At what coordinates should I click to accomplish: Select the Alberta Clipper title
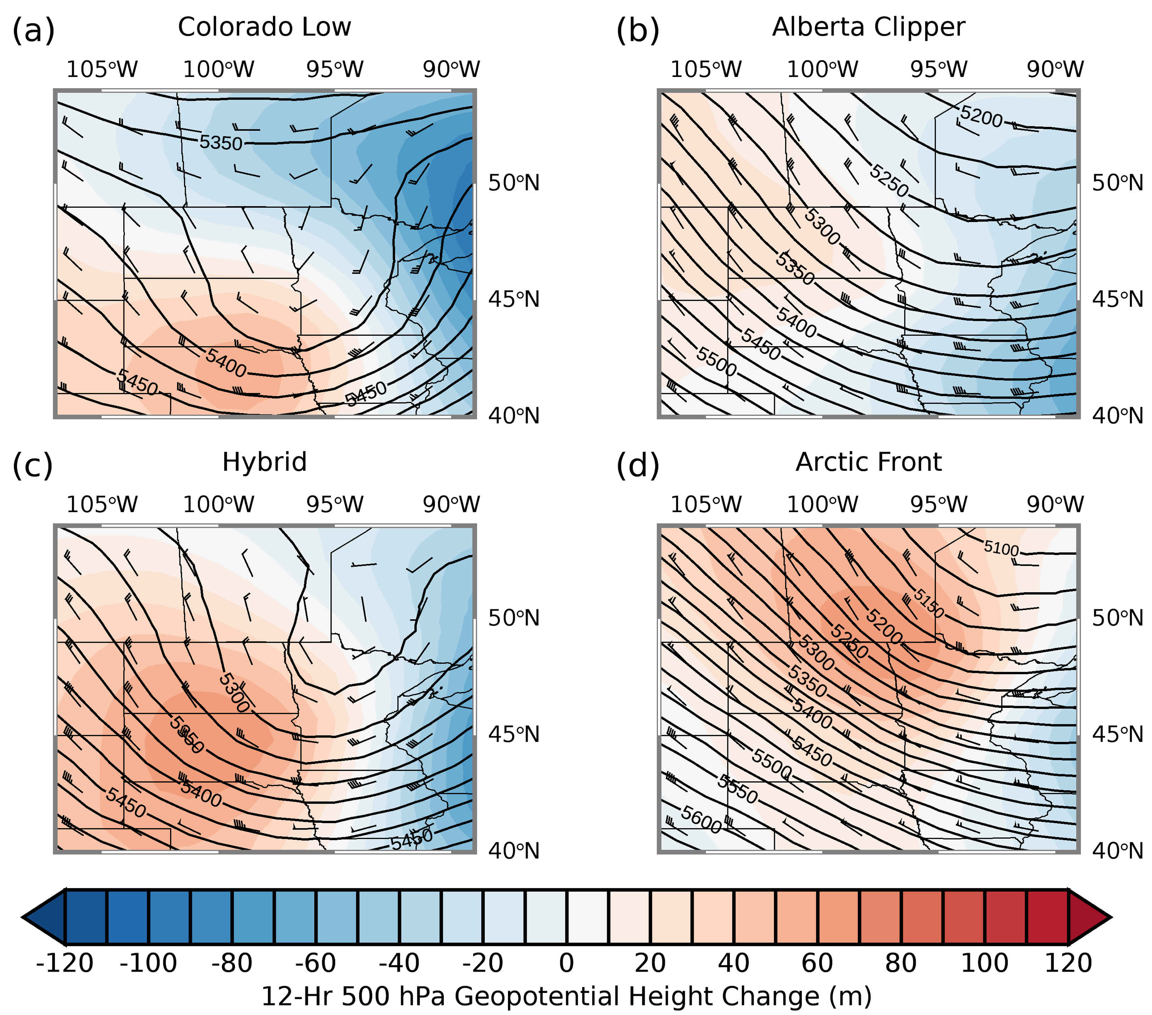coord(868,27)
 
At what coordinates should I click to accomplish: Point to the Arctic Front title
coord(868,462)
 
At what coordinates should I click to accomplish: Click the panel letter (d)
coord(637,466)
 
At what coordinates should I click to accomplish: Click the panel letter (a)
coord(33,30)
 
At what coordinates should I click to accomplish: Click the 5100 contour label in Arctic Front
coord(1001,548)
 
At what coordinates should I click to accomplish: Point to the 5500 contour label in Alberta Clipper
coord(716,361)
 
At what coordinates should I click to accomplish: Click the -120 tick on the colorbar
coord(65,964)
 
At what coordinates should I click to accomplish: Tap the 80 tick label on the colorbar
coord(901,964)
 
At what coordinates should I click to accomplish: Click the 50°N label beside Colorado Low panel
coord(514,183)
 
